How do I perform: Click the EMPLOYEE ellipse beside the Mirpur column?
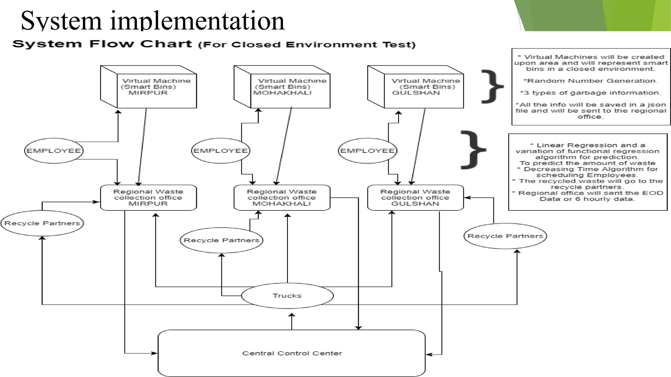[54, 151]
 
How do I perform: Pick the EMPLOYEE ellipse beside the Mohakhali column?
[220, 151]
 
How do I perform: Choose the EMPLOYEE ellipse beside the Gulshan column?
[367, 151]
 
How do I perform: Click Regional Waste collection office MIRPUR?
[148, 198]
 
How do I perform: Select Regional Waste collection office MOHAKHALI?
[282, 198]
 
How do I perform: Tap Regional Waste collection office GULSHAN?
[415, 198]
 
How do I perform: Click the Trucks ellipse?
[287, 296]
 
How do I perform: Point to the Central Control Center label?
[292, 353]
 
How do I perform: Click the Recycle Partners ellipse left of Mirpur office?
[42, 223]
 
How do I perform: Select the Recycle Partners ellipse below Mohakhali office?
[221, 240]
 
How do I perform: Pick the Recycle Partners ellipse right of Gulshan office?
[505, 236]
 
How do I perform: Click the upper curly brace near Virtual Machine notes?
[492, 87]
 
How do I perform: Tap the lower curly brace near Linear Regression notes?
[473, 150]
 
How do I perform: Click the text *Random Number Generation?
[590, 81]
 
